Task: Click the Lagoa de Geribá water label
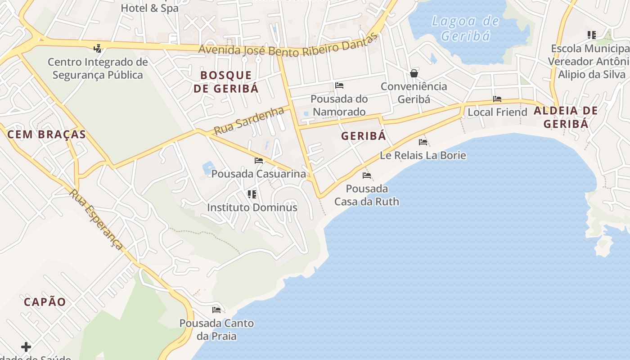[x=465, y=28]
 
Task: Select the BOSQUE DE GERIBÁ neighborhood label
[x=226, y=81]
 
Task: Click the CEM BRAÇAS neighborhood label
[x=47, y=134]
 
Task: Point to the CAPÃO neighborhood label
[x=45, y=302]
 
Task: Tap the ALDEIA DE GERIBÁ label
[x=566, y=117]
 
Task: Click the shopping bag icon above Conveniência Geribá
[x=414, y=73]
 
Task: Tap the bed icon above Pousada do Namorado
[x=339, y=85]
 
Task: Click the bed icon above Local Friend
[x=497, y=99]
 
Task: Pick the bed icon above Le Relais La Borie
[x=423, y=142]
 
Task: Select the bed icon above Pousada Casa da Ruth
[x=367, y=175]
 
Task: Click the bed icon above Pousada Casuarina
[x=259, y=160]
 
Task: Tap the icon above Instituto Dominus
[x=252, y=194]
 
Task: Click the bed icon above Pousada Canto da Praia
[x=216, y=310]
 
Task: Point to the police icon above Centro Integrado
[x=97, y=48]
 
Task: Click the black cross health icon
[x=26, y=347]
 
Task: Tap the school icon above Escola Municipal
[x=592, y=35]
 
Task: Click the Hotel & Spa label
[x=149, y=8]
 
